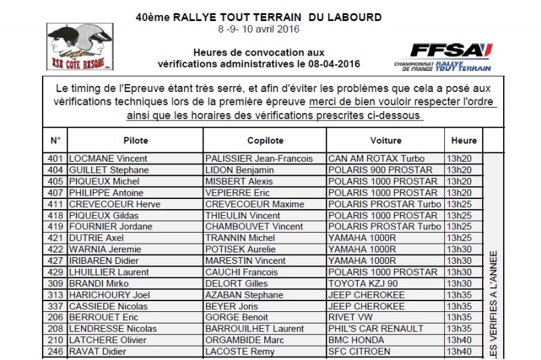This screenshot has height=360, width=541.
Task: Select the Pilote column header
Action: coord(135,141)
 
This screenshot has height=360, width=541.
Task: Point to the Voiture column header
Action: coord(385,141)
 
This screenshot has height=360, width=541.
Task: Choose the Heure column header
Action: coord(464,141)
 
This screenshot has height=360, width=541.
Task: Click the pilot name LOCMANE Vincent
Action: coord(109,159)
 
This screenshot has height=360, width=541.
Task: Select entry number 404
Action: coord(55,170)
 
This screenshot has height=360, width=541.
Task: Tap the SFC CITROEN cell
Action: coord(360,351)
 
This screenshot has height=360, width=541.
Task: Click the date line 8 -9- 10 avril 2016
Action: coord(259,29)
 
